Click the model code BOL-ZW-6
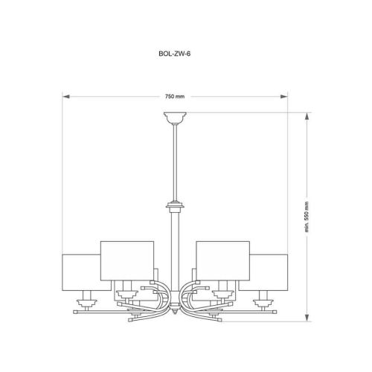click(x=175, y=54)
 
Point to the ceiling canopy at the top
click(x=175, y=117)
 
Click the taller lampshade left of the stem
click(x=126, y=257)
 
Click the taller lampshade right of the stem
click(x=222, y=257)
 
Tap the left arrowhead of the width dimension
click(x=65, y=97)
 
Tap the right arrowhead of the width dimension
click(x=286, y=97)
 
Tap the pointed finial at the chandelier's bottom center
click(x=175, y=318)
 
